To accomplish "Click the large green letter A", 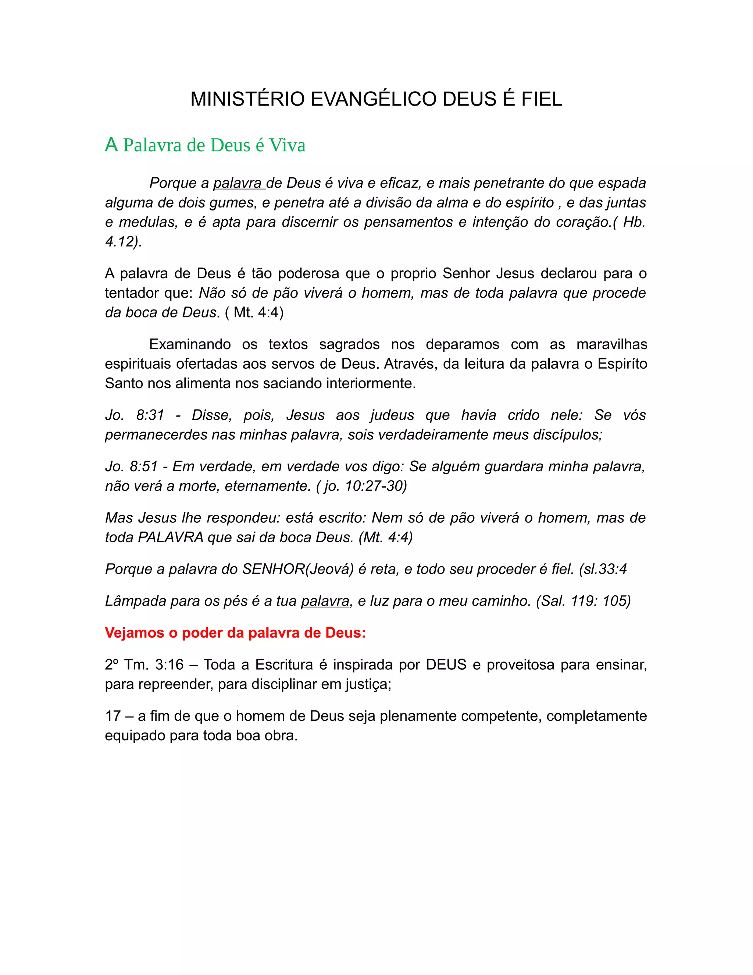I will tap(111, 145).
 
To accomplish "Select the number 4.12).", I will tap(123, 241).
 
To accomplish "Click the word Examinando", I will tap(190, 344).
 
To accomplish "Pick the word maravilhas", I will tap(611, 344).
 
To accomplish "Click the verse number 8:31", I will tap(150, 415).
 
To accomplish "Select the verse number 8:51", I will tap(144, 467).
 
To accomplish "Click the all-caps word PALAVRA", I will tap(170, 537).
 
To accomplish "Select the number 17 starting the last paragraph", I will tap(113, 716).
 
